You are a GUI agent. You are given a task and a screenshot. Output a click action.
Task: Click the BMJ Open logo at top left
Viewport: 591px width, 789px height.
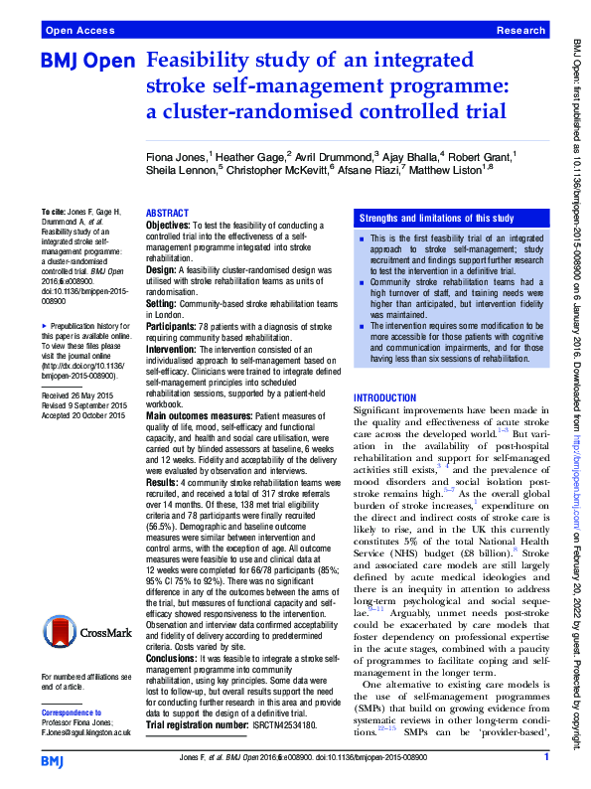86,62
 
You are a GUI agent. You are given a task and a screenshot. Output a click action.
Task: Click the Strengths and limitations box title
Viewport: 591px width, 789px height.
436,218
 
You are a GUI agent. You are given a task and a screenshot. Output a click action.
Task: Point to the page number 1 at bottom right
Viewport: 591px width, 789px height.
546,758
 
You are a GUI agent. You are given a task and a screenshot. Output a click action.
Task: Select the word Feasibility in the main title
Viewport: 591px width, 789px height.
198,62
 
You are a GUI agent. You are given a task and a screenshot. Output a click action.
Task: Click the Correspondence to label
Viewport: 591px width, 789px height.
74,713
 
